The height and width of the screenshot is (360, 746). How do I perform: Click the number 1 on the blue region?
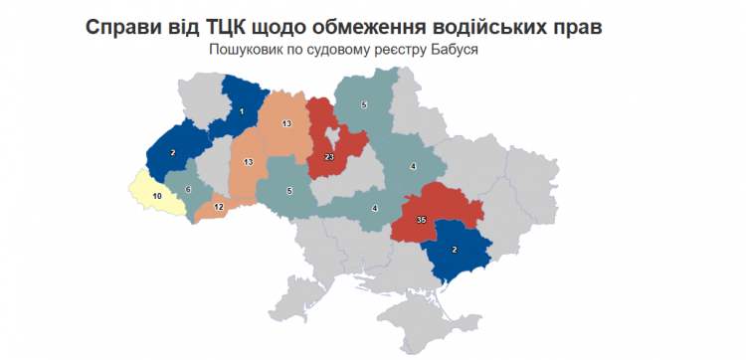coord(242,112)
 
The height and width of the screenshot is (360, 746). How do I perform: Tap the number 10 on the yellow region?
coord(156,197)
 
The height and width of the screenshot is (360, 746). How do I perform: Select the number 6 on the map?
coord(187,189)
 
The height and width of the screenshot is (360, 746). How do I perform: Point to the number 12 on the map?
coord(218,207)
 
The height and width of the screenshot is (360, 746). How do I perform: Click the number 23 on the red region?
coord(328,156)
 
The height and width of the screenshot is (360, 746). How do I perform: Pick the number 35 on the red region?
coord(421,220)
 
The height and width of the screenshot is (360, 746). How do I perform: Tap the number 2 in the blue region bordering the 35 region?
coord(455,251)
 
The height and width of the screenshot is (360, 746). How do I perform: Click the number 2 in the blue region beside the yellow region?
coord(173,152)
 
